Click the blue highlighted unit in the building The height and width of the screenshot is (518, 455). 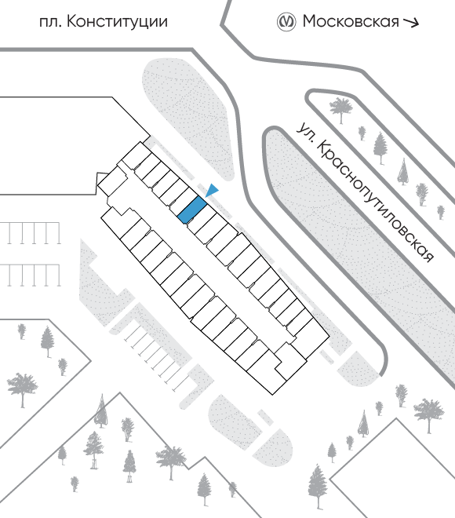(192, 210)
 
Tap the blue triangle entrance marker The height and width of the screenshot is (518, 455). (212, 190)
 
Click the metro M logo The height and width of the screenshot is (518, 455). (286, 22)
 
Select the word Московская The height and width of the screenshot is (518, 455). (351, 21)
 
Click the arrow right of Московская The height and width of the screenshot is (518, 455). (411, 23)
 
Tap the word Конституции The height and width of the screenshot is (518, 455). (117, 22)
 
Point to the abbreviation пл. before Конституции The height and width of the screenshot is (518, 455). (50, 23)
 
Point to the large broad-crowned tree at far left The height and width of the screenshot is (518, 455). (23, 389)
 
